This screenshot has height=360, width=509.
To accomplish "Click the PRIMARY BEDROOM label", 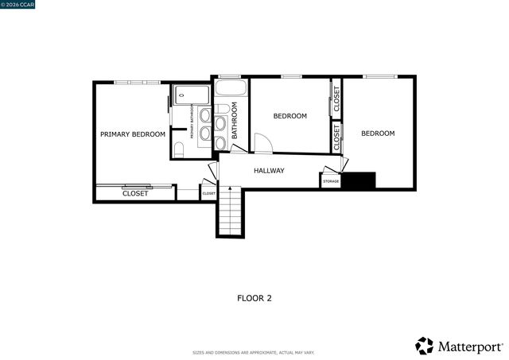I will tap(133, 134).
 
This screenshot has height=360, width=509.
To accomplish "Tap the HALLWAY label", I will tap(269, 171).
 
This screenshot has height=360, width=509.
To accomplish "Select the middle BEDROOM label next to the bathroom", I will tap(289, 116).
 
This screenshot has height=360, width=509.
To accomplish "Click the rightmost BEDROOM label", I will tap(378, 134).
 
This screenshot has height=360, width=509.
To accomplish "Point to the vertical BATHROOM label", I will tap(235, 124).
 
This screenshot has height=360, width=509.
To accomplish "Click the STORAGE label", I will tap(331, 182).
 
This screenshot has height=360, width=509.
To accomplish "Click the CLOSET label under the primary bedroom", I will tap(135, 194).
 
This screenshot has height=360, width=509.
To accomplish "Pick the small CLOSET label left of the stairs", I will tap(208, 193).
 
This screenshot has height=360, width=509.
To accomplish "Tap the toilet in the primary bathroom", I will tap(179, 149).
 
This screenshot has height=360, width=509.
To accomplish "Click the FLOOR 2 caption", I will tap(254, 299).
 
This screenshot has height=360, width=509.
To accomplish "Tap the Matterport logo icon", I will tap(425, 346).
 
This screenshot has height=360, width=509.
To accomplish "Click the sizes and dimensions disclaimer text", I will tap(254, 353).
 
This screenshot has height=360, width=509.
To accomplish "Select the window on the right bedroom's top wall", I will tap(379, 76).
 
